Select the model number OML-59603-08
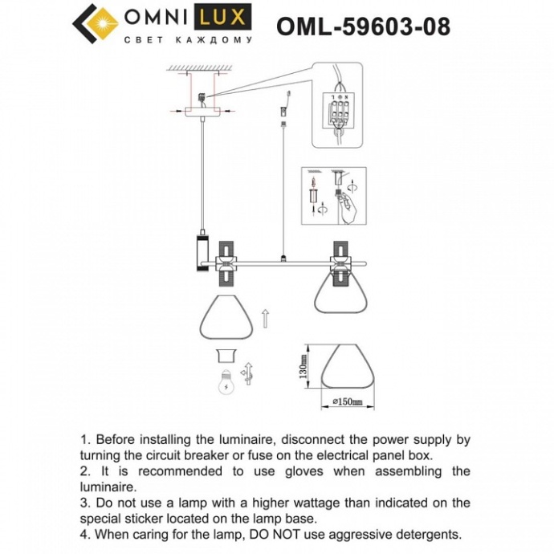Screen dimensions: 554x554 363,26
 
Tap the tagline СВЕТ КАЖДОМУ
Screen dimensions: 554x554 188,39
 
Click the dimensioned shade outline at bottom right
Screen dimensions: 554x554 347,369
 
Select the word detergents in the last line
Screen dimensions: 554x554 423,533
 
